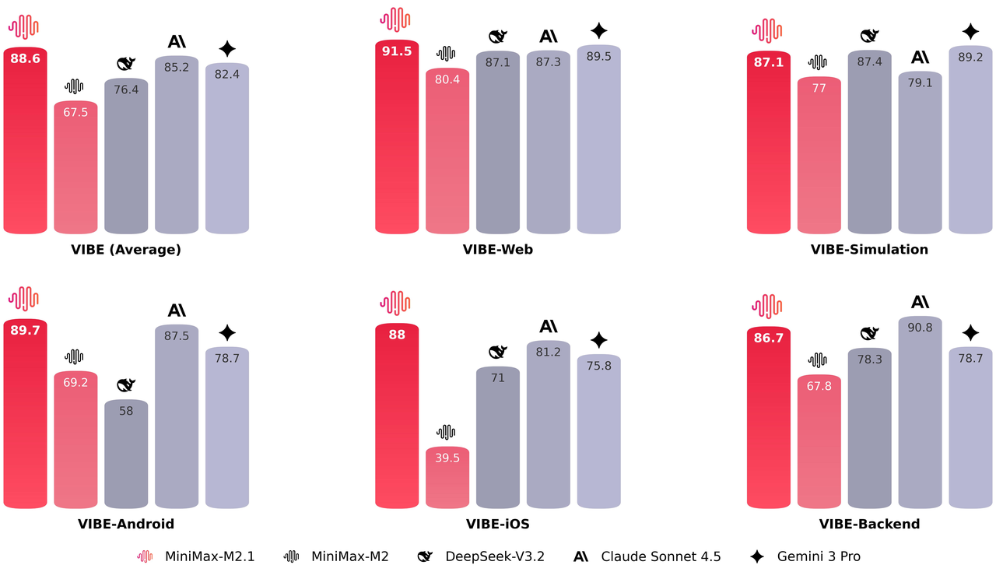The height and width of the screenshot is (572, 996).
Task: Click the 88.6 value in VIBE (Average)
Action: pos(25,58)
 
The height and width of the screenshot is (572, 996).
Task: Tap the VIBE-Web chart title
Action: pos(498,250)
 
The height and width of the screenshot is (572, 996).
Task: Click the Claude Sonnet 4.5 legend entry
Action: pos(647,556)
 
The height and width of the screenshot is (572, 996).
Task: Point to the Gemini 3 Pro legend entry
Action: pos(805,556)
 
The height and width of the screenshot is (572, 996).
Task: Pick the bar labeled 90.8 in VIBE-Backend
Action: pos(920,412)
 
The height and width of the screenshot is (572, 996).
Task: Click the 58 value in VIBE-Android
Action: pos(126,411)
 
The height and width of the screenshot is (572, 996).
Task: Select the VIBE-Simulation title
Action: pos(869,250)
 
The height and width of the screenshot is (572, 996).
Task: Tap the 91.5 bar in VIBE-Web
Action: pos(397,140)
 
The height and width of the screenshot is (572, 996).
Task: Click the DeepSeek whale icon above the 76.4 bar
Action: pos(126,64)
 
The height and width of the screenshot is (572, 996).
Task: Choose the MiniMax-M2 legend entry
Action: pos(336,556)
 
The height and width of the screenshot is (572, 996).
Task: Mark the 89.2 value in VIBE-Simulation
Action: pos(970,57)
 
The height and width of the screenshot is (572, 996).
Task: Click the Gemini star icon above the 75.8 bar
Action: pos(598,340)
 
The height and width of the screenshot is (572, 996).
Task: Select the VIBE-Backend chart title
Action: pos(869,525)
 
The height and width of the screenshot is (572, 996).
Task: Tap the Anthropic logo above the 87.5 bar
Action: pos(177,311)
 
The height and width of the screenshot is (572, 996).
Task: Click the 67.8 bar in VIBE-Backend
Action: pos(819,444)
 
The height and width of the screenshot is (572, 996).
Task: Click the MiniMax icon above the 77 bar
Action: pos(819,62)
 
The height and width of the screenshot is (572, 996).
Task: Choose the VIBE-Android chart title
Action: pos(126,525)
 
